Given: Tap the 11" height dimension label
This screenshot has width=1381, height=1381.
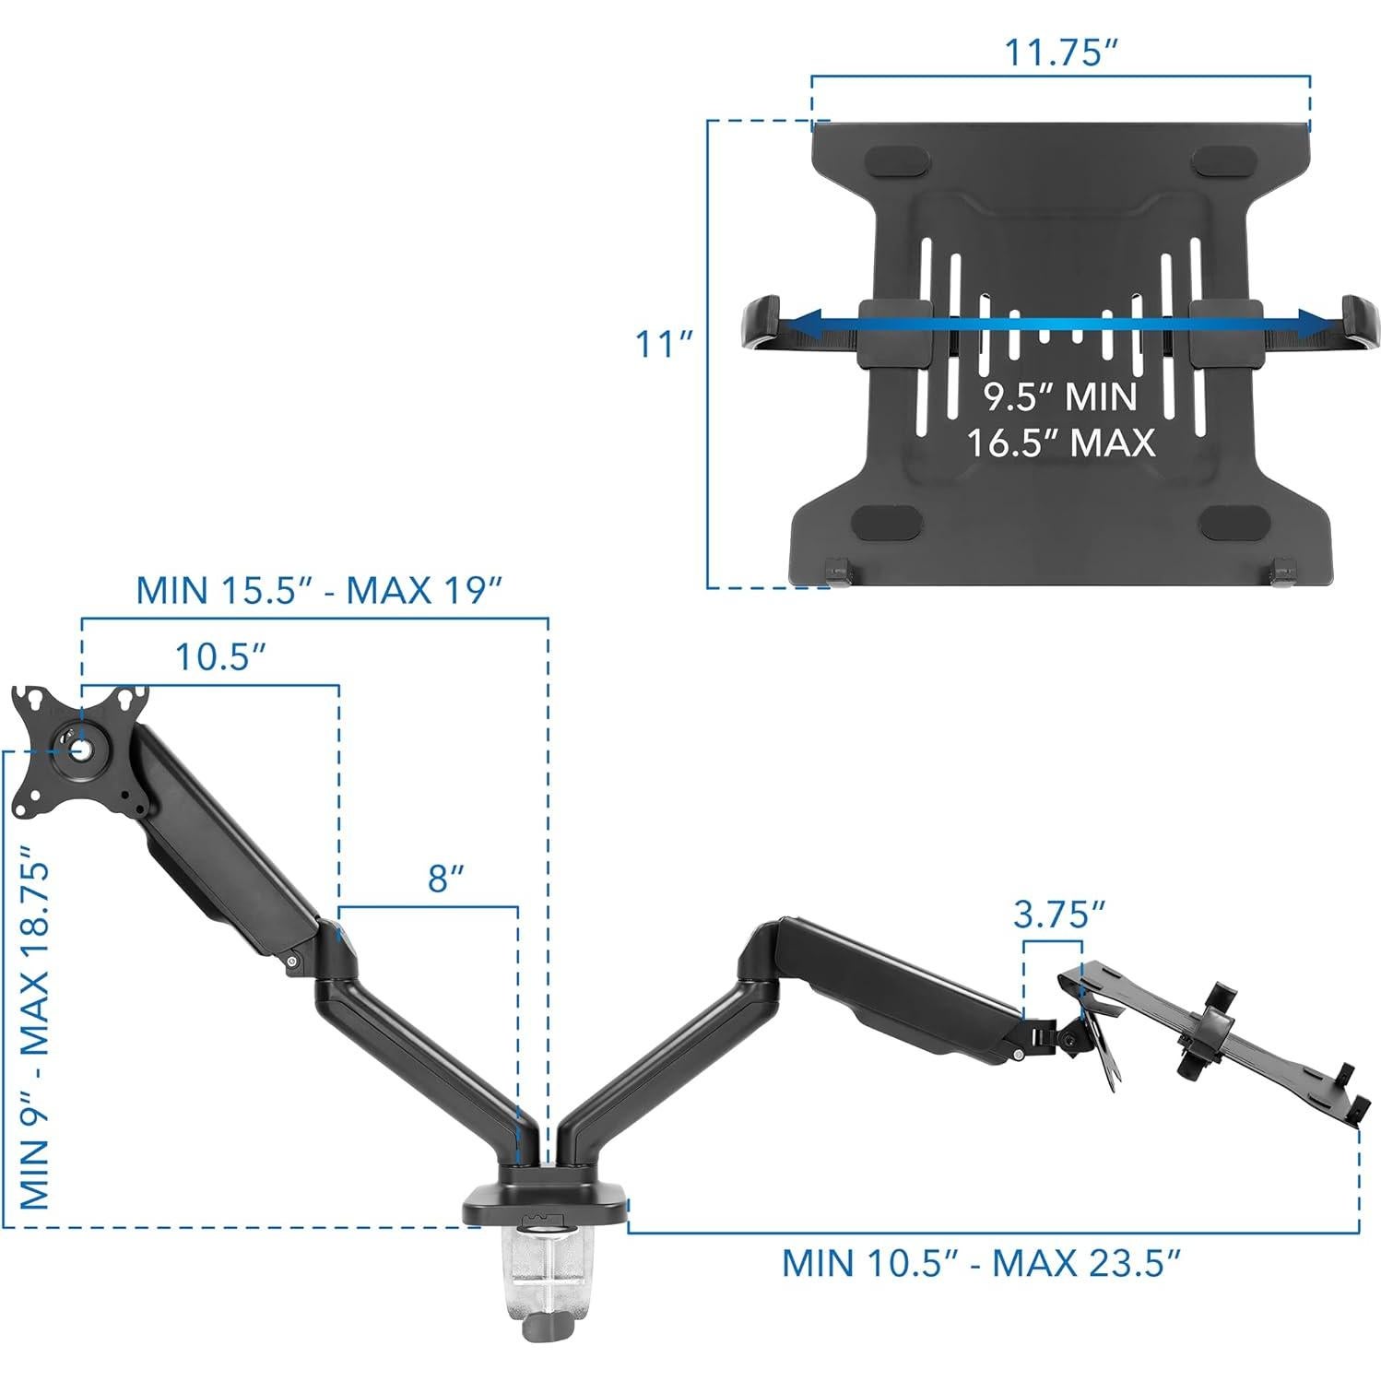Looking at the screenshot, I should pos(663,345).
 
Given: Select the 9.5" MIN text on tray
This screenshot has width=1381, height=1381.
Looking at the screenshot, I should pos(1059,397).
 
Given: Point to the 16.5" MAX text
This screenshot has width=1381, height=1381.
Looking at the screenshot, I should pos(1059,443).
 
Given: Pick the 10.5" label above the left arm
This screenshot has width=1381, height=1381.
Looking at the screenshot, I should pos(220,657).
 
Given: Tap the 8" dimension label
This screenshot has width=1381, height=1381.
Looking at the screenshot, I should pos(444,879).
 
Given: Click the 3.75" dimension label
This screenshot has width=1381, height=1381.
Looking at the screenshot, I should pos(1058,915).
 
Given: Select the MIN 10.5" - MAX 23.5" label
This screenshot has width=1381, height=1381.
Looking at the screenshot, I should pos(981,1262).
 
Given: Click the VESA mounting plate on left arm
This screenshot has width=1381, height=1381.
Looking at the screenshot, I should pos(78,749).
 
